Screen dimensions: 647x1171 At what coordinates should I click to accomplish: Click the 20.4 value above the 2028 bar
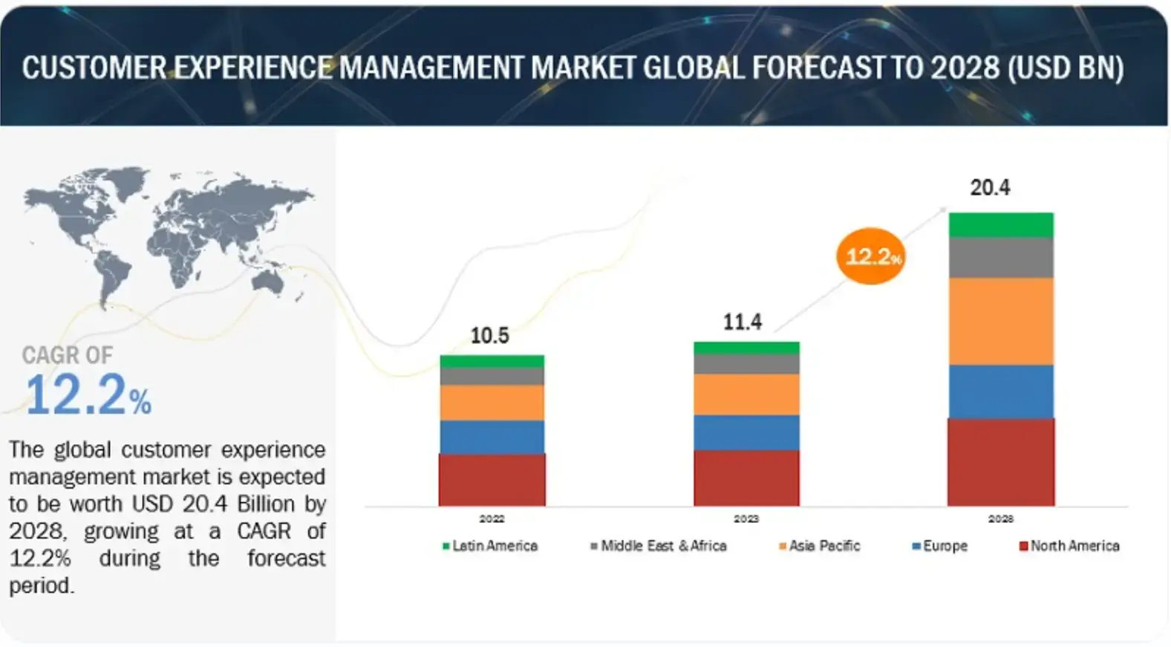989,188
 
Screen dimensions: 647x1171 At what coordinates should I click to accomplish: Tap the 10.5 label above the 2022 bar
489,336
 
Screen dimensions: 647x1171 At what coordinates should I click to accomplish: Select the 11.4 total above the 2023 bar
742,322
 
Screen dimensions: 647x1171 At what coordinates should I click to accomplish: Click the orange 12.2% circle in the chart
872,256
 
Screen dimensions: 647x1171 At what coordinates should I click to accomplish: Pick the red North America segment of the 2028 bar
1000,462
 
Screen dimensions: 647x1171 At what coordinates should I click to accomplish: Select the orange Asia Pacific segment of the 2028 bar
1000,321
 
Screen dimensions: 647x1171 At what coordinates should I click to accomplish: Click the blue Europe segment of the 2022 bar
492,437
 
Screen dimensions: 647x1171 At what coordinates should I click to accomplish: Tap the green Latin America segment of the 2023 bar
746,348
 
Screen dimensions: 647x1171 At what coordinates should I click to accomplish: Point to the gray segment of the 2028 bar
1000,257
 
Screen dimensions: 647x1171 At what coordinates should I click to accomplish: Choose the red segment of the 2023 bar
746,478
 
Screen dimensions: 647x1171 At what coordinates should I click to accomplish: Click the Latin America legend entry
490,546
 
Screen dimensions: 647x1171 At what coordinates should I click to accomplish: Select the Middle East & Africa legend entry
659,546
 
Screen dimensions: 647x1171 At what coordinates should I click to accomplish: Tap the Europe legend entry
940,546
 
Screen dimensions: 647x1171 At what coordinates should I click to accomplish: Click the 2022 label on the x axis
492,518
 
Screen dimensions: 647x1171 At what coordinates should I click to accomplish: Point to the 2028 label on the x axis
1000,518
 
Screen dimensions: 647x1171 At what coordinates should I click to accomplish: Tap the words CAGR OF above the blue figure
67,355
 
